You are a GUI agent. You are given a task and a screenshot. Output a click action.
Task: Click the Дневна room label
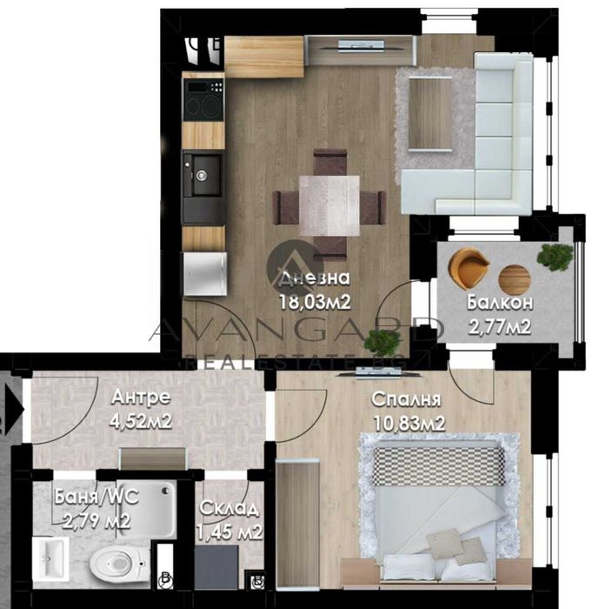point(315,279)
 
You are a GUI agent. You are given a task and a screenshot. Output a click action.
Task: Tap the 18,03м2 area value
point(314,302)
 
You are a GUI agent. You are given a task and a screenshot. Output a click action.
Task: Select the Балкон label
point(499,304)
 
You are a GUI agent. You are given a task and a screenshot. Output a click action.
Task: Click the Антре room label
point(141,398)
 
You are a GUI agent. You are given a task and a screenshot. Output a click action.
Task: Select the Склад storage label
point(229,508)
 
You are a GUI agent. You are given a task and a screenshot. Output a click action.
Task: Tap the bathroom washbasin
point(52,557)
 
